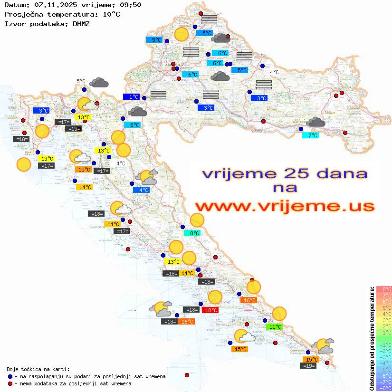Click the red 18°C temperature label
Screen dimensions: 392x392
tap(210, 310)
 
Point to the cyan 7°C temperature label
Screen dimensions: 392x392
tap(311, 135)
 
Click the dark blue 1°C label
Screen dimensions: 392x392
tap(132, 97)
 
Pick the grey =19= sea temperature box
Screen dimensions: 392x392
tap(309, 365)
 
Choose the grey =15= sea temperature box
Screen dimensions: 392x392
tap(74, 128)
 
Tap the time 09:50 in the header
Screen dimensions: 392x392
tap(130, 5)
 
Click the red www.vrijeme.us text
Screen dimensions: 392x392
tap(284, 207)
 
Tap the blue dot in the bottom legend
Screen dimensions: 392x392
tap(10, 376)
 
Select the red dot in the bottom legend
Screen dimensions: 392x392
tap(10, 383)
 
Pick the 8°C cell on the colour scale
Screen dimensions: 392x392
tap(383, 289)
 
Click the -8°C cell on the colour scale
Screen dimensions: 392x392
tap(383, 388)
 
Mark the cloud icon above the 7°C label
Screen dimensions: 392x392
tap(316, 123)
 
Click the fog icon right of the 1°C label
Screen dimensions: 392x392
tap(158, 96)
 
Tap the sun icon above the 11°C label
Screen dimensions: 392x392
tap(279, 314)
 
